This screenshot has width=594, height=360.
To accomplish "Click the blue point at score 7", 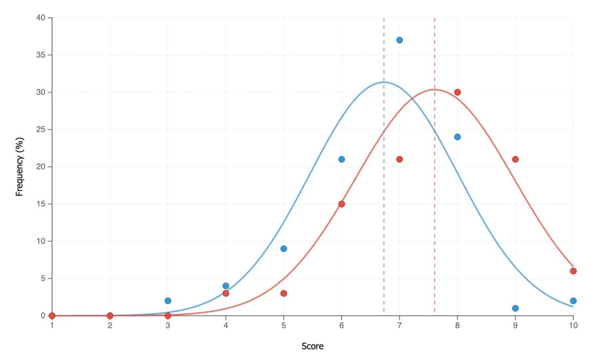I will coord(399,40).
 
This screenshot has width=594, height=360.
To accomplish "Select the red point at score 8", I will coord(457,92).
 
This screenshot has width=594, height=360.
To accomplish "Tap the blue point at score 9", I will coord(515,308).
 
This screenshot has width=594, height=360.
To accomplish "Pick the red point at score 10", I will coord(573,271).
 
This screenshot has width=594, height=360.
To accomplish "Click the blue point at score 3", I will coord(168,301).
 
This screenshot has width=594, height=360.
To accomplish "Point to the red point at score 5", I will coord(284,293).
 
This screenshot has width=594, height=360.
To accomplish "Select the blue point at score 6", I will coord(342,159).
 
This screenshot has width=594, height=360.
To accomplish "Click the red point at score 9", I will coord(515,159).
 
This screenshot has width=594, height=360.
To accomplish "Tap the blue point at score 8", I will coord(457,137).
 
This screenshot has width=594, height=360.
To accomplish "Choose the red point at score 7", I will coord(399,159).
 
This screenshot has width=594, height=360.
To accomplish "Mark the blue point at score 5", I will coord(284,249).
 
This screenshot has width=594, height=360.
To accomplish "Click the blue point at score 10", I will coord(573,301).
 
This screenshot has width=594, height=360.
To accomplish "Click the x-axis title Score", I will coord(312,347).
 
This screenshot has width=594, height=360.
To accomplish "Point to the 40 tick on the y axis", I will coord(41,18).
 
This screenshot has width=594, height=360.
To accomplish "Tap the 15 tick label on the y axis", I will coord(41,204).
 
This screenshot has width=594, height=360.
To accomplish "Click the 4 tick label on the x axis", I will coord(226,325).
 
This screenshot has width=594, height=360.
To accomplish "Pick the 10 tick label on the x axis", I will coord(573,325).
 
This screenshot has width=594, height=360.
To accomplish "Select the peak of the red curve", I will coord(435,90).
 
